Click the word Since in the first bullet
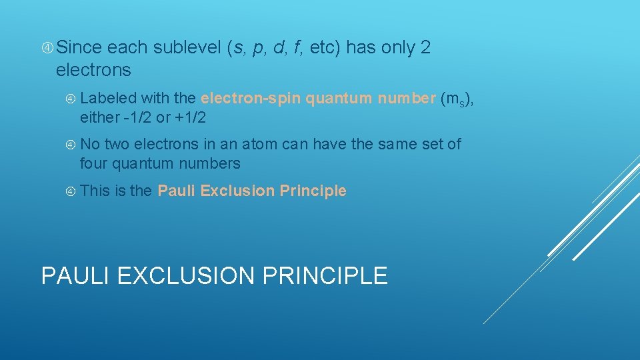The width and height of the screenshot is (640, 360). pyautogui.click(x=79, y=48)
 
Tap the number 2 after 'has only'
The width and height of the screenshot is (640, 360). pyautogui.click(x=426, y=48)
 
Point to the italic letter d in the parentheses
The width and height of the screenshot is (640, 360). pyautogui.click(x=279, y=48)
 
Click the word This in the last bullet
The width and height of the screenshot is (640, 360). pyautogui.click(x=95, y=191)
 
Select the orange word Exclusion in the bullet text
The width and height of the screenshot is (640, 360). pyautogui.click(x=237, y=191)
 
